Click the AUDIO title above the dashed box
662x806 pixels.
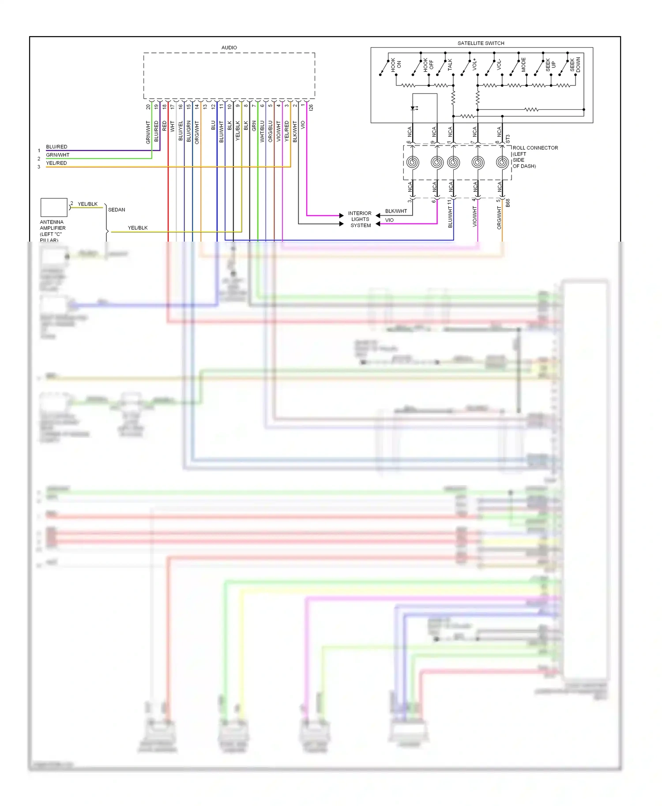(x=229, y=48)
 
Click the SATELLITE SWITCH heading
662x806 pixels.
(x=481, y=43)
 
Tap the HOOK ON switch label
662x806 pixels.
(x=395, y=65)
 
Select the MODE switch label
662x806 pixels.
(x=523, y=65)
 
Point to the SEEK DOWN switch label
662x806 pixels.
(x=575, y=65)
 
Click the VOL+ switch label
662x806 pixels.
(x=474, y=64)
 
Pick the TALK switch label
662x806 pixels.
(x=450, y=65)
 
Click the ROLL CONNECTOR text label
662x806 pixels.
(x=535, y=148)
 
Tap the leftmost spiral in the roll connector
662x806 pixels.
(x=413, y=162)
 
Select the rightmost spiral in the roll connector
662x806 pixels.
(x=502, y=162)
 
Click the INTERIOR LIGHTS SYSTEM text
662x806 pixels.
(x=360, y=219)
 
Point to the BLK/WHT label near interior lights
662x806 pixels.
(x=396, y=211)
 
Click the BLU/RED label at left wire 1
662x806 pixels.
(x=56, y=147)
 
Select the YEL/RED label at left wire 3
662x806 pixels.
(x=56, y=163)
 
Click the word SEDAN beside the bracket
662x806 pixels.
(x=117, y=210)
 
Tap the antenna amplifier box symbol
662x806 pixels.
(x=54, y=207)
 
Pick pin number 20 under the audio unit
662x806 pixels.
(x=148, y=107)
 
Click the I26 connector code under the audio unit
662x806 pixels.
(x=311, y=107)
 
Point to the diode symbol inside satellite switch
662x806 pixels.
(x=413, y=108)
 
